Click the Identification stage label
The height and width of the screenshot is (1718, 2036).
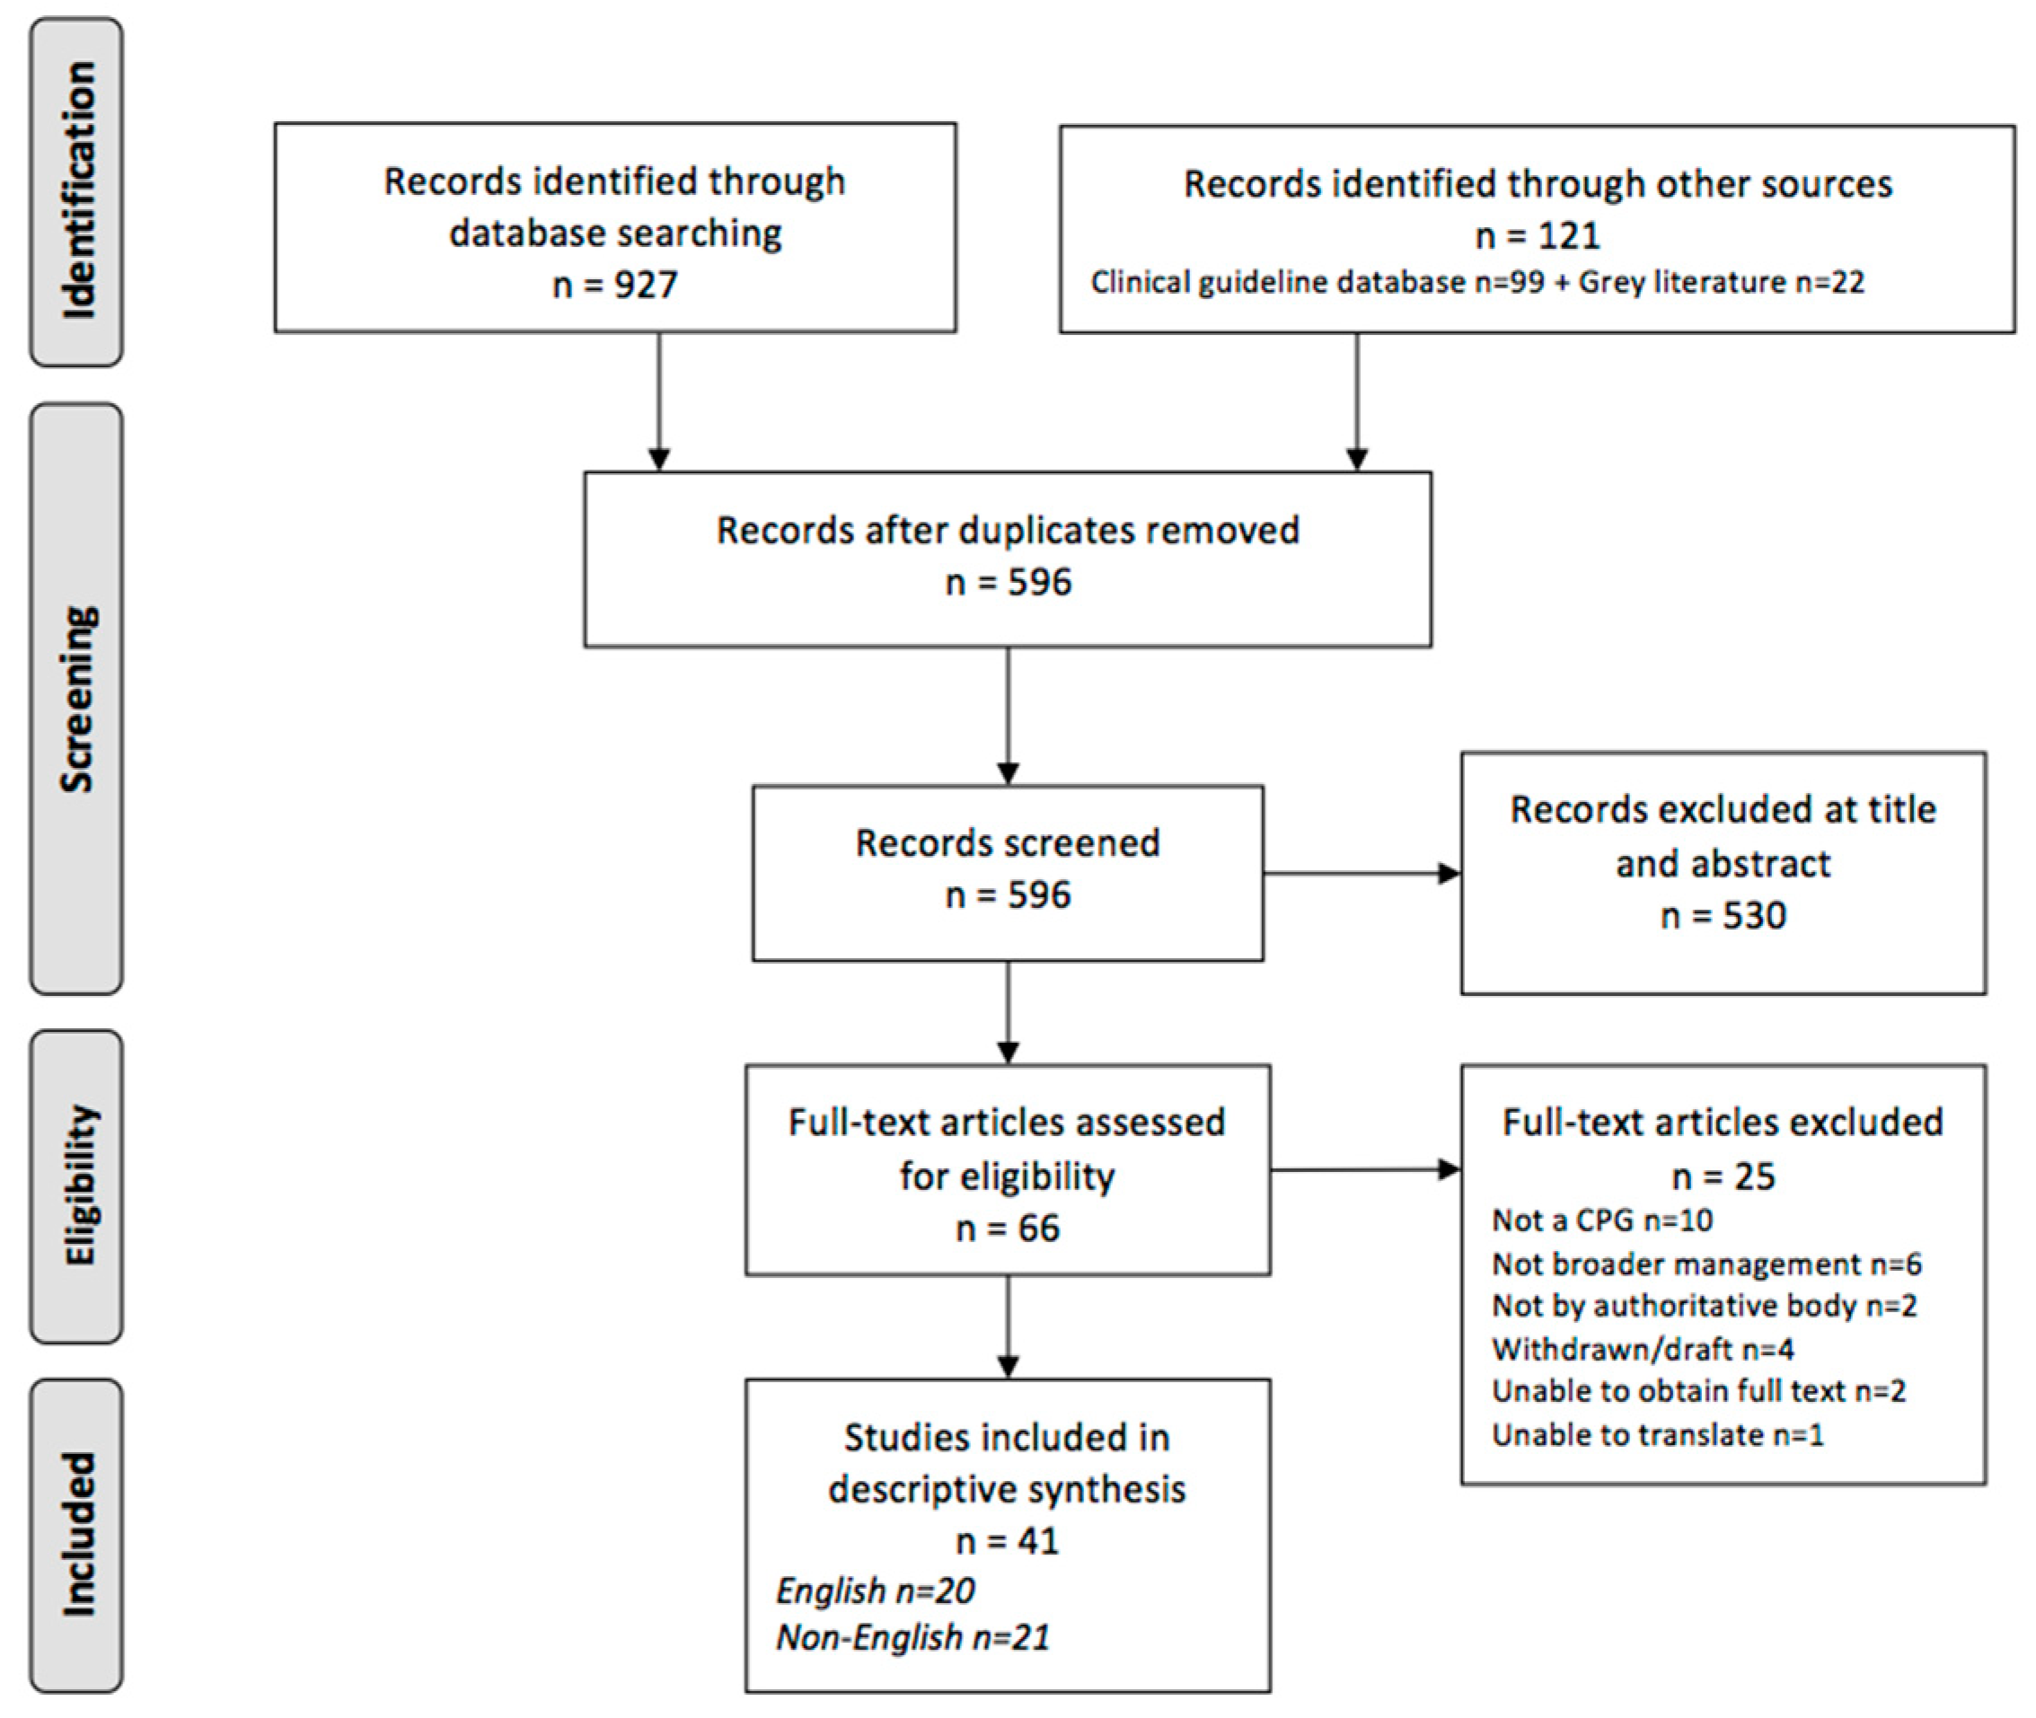(78, 191)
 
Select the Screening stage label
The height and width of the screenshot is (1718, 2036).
(78, 699)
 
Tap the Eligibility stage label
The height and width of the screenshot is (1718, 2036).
(78, 1185)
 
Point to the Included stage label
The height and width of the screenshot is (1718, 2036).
(78, 1535)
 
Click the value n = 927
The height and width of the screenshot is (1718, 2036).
(614, 285)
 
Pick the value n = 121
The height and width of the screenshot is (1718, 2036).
(1537, 234)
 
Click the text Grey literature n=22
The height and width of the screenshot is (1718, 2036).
(1721, 282)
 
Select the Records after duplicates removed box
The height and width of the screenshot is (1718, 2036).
(1007, 558)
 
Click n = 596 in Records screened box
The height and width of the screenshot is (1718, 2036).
(1007, 894)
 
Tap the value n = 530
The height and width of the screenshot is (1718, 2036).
(1723, 915)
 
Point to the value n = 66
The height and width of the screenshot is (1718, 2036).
(1007, 1229)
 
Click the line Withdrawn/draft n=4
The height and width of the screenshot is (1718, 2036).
(1642, 1349)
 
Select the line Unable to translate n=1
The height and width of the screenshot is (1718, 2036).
(1657, 1434)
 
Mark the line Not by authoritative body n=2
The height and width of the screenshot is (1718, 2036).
(1704, 1305)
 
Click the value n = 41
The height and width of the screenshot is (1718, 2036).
(1007, 1541)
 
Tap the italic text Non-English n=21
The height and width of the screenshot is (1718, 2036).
(912, 1637)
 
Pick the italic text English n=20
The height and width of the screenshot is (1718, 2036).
(875, 1590)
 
